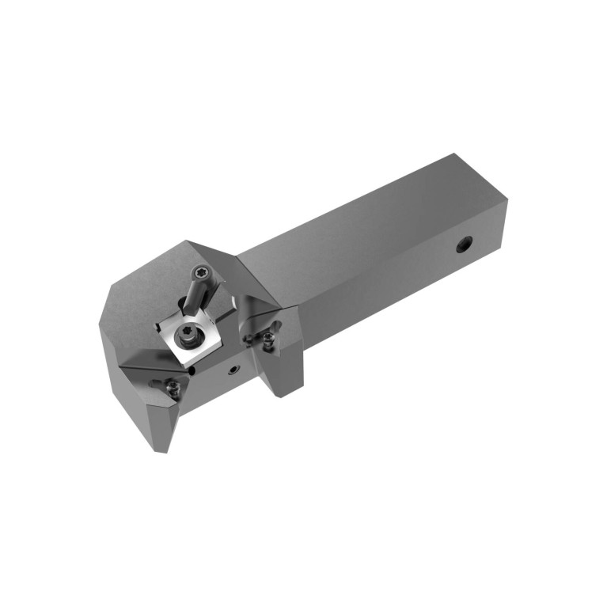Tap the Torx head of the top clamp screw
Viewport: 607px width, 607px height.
coord(202,273)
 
